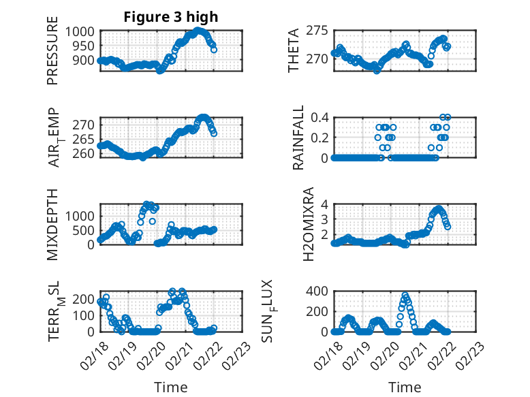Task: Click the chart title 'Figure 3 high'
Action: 170,18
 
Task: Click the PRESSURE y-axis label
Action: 52,54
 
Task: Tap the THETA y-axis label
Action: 294,51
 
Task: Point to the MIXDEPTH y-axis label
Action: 52,224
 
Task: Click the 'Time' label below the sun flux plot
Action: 405,387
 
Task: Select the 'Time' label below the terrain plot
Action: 171,387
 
